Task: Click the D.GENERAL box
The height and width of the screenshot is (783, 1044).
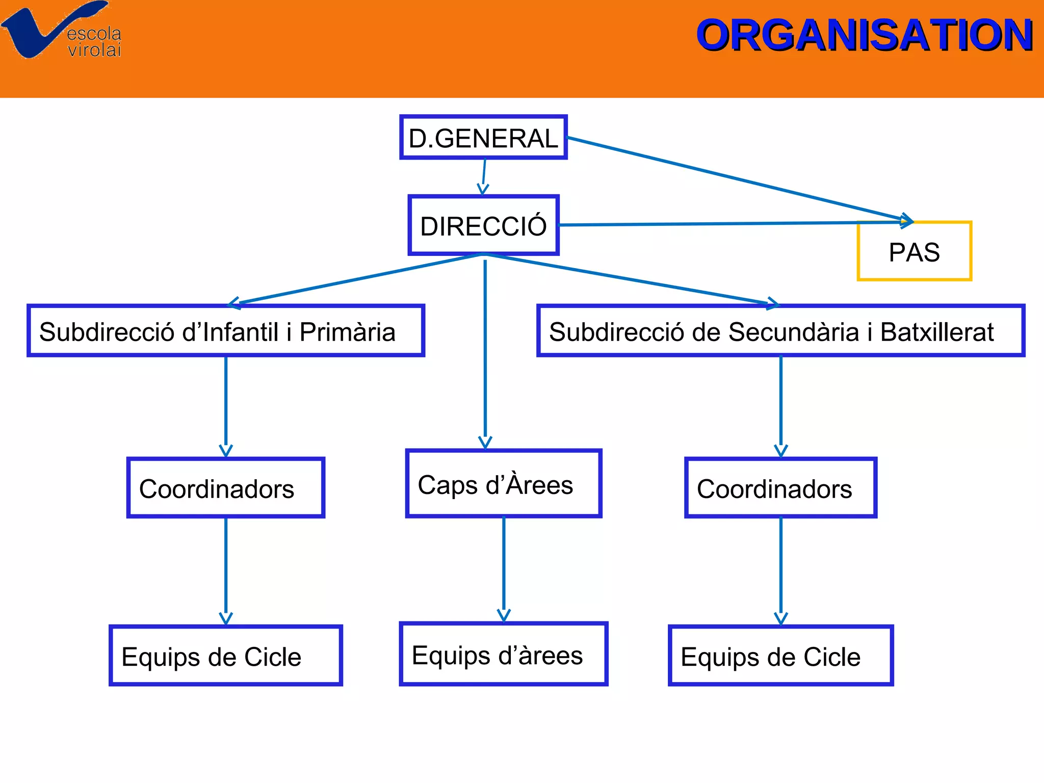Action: (483, 138)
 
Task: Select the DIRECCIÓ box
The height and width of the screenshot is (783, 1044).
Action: (483, 225)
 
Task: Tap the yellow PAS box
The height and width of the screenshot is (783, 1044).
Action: (915, 251)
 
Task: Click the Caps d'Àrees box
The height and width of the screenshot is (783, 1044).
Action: (503, 484)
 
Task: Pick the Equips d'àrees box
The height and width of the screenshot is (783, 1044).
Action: (503, 655)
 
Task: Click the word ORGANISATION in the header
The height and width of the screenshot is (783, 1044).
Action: (864, 36)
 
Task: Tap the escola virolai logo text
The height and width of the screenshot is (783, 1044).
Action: (94, 42)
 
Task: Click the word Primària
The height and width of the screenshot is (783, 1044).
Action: (347, 332)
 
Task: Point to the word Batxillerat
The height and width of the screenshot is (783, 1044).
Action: (937, 332)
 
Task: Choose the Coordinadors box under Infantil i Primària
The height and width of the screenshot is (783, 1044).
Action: (226, 488)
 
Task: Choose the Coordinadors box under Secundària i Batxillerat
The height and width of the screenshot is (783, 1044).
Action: (780, 488)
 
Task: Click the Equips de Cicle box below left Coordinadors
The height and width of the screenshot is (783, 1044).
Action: (226, 656)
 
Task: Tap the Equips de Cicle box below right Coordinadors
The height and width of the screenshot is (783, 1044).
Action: (780, 656)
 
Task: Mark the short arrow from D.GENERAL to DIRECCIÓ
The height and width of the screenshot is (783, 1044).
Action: (484, 176)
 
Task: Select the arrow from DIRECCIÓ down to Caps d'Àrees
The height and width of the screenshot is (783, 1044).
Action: (485, 352)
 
